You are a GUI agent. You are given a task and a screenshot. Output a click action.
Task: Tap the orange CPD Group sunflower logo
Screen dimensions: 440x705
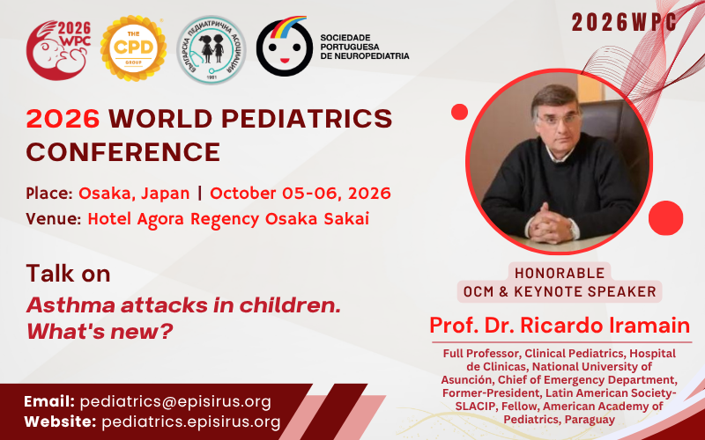pos(134,47)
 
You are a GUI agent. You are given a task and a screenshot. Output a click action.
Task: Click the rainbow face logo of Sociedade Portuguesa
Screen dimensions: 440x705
pos(284,47)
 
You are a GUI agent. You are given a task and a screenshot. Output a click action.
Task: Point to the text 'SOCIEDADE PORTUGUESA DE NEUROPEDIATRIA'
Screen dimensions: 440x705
pos(364,47)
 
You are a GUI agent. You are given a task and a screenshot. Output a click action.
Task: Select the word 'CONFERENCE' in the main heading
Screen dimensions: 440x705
pos(122,151)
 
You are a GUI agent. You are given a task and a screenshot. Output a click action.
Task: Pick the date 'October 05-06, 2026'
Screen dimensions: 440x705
pos(301,193)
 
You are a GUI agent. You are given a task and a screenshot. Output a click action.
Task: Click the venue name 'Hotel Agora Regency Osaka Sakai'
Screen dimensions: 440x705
pos(228,219)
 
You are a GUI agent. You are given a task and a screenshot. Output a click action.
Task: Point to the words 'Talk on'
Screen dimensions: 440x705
pos(68,274)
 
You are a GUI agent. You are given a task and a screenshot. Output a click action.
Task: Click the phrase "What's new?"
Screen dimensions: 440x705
pos(100,333)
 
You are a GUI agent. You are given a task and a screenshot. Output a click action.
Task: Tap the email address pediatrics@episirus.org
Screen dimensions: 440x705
pos(175,401)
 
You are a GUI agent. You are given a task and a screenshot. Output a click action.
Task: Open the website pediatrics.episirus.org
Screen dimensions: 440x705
pos(190,422)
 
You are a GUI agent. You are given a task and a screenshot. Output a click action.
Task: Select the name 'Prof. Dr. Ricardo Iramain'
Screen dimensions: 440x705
pos(560,326)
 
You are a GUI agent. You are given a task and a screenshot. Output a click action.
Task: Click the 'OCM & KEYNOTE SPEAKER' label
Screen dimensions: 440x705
pos(560,291)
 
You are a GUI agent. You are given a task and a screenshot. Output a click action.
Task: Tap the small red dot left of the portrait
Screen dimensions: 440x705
pos(459,112)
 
